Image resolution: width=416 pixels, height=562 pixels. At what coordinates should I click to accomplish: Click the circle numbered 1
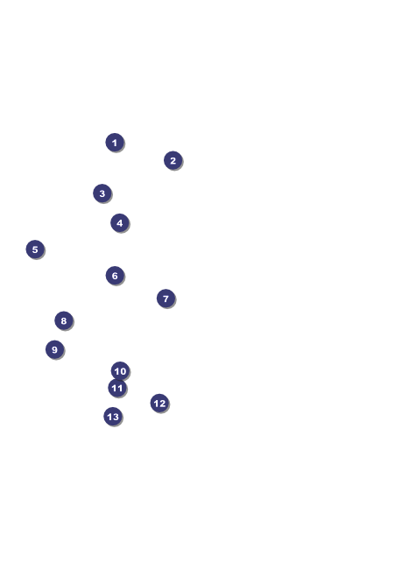pos(115,143)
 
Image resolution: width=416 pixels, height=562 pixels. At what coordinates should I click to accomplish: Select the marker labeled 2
pos(173,160)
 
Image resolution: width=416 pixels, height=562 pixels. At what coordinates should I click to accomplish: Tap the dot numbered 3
pos(102,193)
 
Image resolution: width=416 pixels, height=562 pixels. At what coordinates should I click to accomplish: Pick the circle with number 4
pos(120,223)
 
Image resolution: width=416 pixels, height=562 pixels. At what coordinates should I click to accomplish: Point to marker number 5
pos(35,249)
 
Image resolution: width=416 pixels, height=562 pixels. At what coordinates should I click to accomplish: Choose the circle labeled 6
pos(115,276)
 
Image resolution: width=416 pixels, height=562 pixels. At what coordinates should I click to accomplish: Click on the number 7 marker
pos(166,299)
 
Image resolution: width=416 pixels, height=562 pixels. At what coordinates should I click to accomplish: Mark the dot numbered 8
pos(64,320)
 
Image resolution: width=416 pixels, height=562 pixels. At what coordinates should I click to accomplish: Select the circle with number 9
pos(55,349)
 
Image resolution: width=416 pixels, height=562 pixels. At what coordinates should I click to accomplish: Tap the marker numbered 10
pos(120,371)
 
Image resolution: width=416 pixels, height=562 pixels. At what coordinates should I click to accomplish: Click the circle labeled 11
pos(117,388)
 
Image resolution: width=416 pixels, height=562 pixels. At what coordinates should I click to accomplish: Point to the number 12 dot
pos(159,404)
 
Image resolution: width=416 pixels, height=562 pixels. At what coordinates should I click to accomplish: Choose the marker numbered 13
pos(113,417)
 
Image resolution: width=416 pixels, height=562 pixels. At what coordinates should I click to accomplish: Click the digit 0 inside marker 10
pos(123,371)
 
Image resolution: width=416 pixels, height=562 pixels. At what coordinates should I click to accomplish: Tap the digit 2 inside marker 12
pos(162,404)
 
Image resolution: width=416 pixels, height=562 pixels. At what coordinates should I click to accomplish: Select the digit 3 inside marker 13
pos(116,417)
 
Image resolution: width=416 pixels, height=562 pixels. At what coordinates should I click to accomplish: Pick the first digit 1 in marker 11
pos(114,388)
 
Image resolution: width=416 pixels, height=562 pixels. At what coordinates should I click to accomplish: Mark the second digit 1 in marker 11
pos(120,388)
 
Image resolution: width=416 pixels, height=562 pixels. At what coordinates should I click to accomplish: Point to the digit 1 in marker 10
pos(116,371)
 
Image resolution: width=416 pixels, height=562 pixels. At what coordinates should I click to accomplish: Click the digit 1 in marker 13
pos(109,417)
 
